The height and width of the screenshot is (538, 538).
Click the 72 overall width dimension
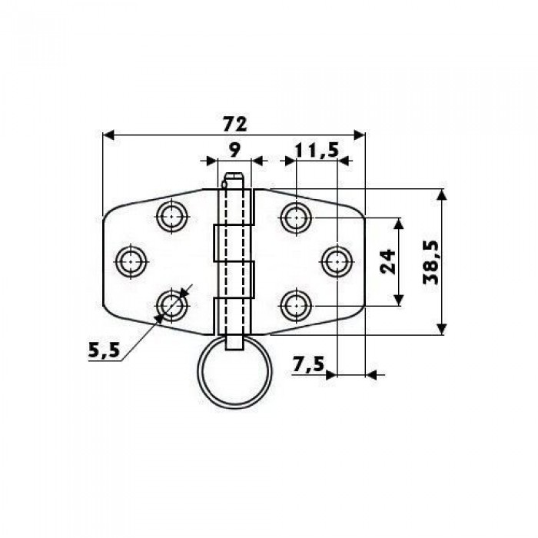(234, 124)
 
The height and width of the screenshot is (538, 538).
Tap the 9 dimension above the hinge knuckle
(234, 150)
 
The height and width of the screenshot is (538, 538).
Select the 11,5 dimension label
(317, 151)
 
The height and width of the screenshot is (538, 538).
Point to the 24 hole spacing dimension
(388, 262)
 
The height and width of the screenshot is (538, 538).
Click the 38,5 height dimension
(430, 263)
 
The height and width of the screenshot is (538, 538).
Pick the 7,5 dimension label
(308, 364)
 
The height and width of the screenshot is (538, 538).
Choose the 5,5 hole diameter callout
(104, 350)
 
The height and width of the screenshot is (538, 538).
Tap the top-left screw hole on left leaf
(172, 218)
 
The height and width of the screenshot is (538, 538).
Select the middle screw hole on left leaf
(131, 262)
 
